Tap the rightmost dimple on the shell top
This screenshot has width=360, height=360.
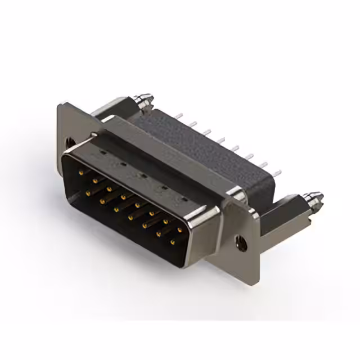(183, 198)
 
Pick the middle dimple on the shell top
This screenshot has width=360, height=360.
(142, 175)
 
